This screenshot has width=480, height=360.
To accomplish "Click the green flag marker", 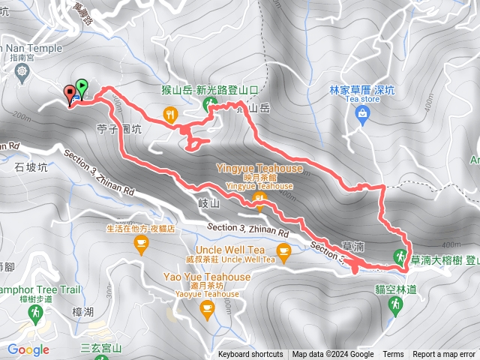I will pyautogui.click(x=82, y=88).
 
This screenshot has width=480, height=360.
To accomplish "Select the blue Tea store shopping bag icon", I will pyautogui.click(x=363, y=114).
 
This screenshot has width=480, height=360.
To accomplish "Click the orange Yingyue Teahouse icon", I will pyautogui.click(x=259, y=198).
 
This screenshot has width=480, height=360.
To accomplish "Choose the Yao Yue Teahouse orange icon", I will pyautogui.click(x=207, y=310).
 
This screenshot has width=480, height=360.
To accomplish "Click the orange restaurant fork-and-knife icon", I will pyautogui.click(x=170, y=114).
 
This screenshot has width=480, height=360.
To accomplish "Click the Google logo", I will pyautogui.click(x=28, y=349).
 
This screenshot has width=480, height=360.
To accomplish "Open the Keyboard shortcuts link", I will pyautogui.click(x=250, y=355).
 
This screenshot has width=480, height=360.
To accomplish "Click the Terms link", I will pyautogui.click(x=393, y=355).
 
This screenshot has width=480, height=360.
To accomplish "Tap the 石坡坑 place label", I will pyautogui.click(x=31, y=168).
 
